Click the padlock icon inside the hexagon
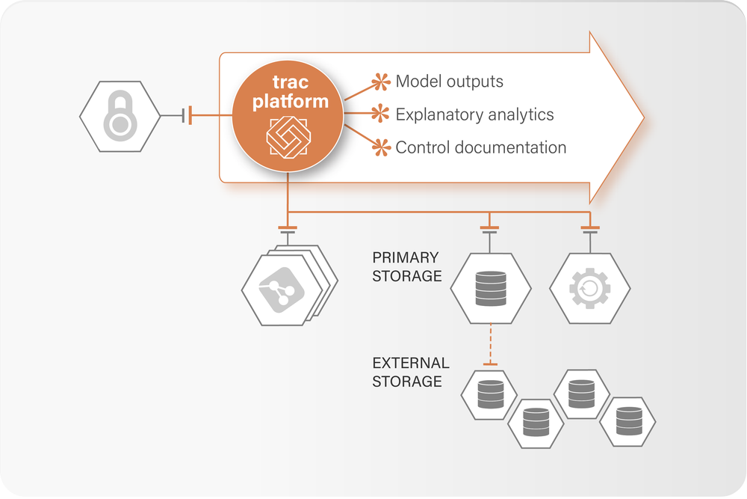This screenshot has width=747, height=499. [x=120, y=117]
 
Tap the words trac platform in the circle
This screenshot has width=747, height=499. [x=290, y=93]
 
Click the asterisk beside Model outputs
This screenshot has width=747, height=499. [x=382, y=82]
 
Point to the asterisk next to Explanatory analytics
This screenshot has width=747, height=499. [x=382, y=114]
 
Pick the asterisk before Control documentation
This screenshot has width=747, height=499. [x=382, y=147]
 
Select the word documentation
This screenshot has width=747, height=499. [x=508, y=147]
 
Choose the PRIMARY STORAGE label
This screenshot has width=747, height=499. [x=407, y=266]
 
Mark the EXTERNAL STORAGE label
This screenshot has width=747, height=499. [x=411, y=372]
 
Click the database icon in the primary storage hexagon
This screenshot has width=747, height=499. [x=490, y=288]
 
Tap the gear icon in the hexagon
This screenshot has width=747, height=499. [x=590, y=288]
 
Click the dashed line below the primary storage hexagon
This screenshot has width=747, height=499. [x=490, y=344]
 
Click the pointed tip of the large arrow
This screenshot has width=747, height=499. [x=641, y=117]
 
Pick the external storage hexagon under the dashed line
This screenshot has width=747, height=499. [x=490, y=394]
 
